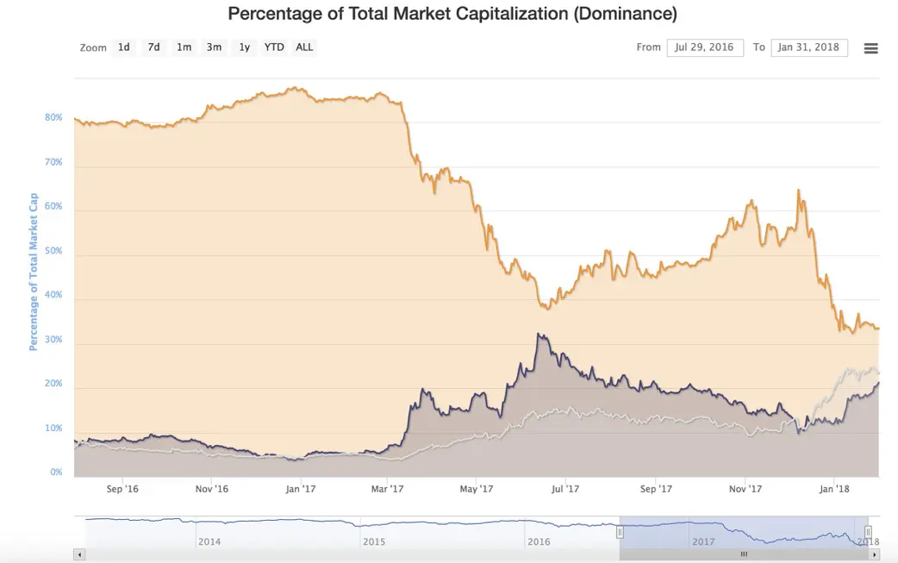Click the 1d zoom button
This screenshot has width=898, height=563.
pos(124,47)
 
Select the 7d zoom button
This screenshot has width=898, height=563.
pos(153,47)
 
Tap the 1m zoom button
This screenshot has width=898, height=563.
pos(184,47)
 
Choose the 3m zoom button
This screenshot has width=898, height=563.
pos(214,47)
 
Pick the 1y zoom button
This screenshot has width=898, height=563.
pos(245,47)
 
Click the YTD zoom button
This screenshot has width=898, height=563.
pos(274,47)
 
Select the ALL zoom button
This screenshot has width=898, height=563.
pos(304,47)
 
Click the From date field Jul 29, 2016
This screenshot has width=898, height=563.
pos(704,47)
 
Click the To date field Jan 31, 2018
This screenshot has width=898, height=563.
pos(809,47)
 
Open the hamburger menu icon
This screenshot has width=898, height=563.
pos(870,48)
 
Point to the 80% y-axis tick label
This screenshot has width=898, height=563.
pos(53,117)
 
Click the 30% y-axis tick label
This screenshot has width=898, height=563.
pos(53,340)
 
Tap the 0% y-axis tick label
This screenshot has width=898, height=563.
pos(56,472)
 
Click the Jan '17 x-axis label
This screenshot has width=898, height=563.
pos(300,490)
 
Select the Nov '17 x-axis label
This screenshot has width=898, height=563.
pos(745,490)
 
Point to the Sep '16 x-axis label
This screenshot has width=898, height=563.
pos(122,490)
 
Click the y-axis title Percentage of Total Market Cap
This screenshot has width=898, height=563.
pos(34,271)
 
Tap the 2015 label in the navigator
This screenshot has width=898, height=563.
pos(374,542)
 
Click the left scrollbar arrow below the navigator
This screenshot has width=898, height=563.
pos(80,554)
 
